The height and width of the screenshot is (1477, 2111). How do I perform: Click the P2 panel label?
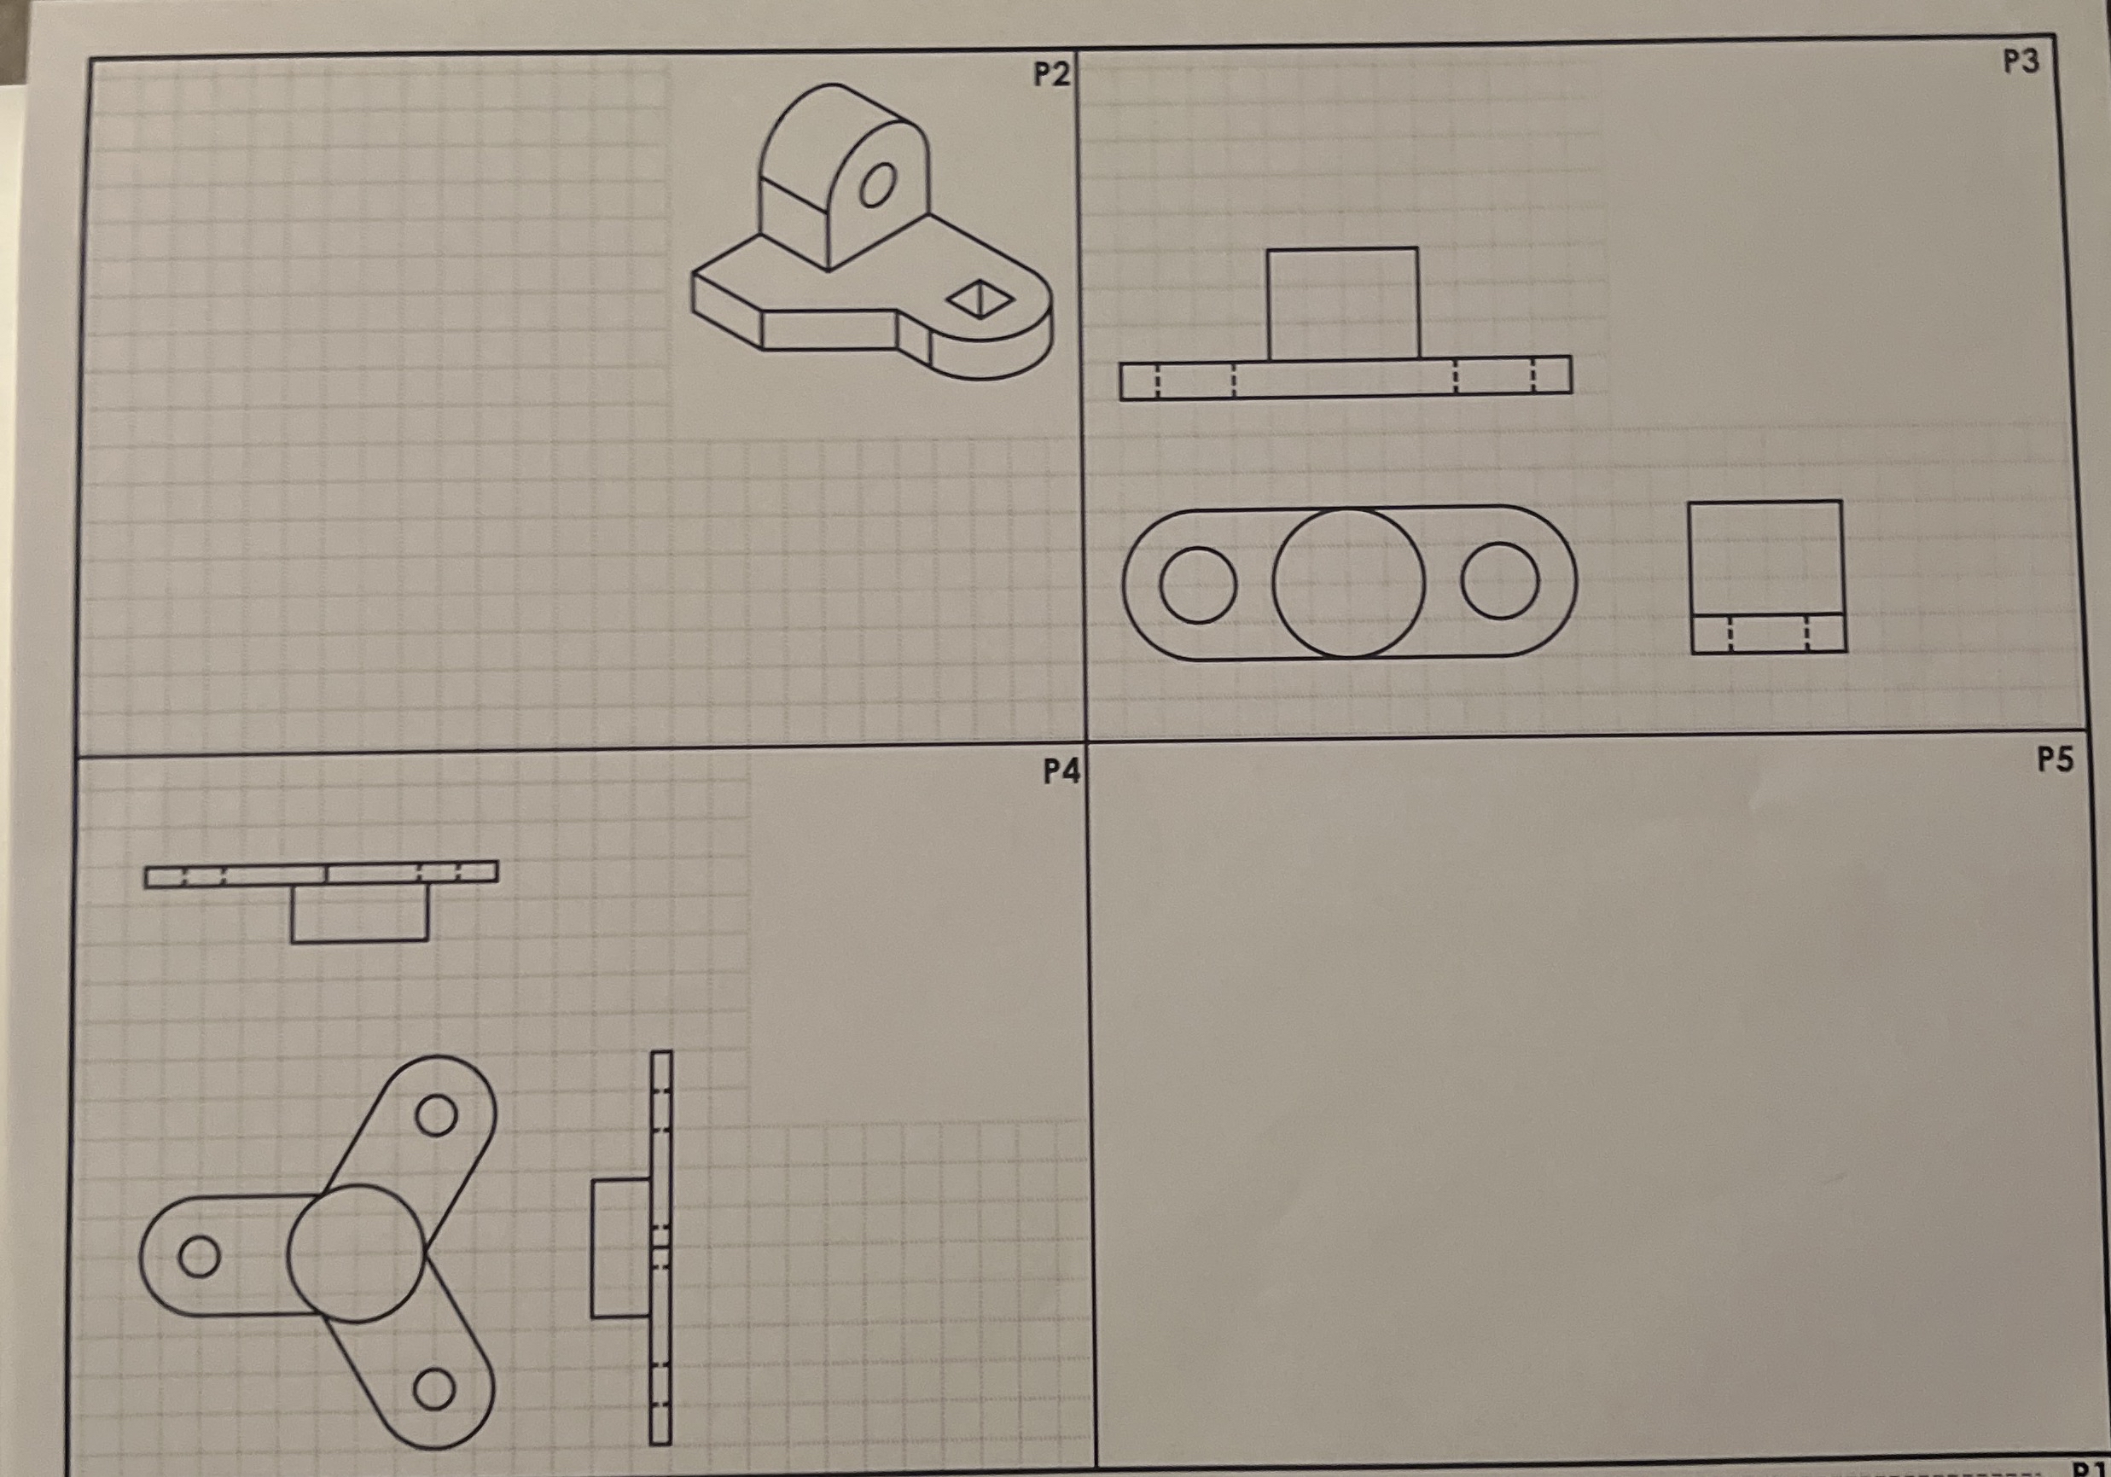[1051, 74]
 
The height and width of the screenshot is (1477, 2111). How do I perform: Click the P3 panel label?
[2021, 61]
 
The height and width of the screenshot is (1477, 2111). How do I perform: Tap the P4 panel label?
[1061, 770]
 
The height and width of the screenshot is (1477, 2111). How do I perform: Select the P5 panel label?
[2055, 759]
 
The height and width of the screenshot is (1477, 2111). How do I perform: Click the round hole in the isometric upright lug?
[877, 186]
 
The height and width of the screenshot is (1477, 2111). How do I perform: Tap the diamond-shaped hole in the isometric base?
[980, 299]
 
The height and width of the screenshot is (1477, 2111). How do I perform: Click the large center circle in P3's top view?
[1348, 583]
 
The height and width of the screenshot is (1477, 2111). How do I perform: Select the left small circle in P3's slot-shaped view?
[1197, 585]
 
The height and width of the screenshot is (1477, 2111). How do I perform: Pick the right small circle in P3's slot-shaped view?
[1499, 580]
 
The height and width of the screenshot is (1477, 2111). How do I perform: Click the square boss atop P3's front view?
[1343, 304]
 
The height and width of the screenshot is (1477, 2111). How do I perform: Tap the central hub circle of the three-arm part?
[357, 1253]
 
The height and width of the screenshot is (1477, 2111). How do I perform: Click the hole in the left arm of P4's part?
[199, 1256]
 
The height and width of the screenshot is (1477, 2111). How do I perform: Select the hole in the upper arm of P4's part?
[436, 1115]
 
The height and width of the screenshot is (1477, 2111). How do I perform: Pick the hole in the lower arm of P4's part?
[434, 1389]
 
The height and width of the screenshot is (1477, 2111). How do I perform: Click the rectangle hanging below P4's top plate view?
[359, 912]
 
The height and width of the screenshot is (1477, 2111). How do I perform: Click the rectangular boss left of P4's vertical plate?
[620, 1249]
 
